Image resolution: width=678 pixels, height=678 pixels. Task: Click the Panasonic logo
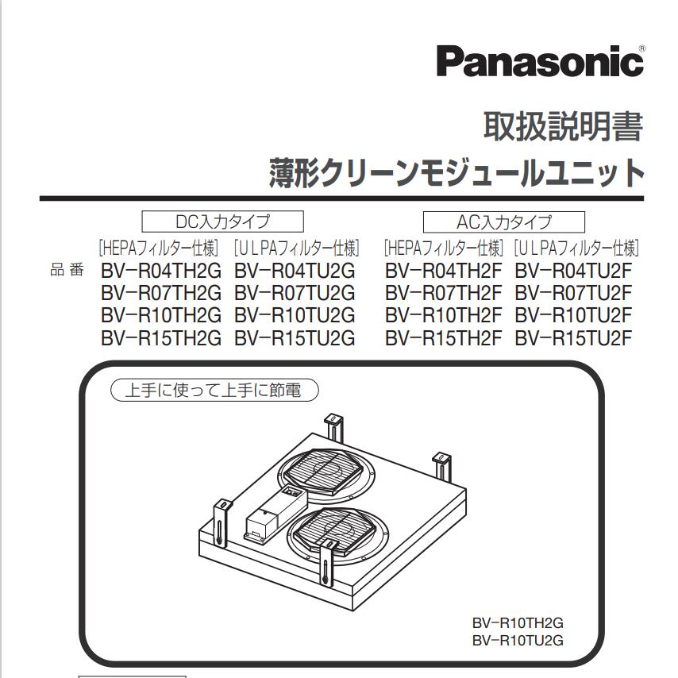click(x=539, y=60)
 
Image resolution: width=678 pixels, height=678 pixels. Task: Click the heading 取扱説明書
click(x=562, y=126)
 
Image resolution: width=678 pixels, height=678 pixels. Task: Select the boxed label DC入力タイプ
click(x=222, y=221)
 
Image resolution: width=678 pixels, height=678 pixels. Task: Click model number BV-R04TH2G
click(x=161, y=271)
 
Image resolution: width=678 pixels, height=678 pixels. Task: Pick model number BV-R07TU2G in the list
click(x=295, y=293)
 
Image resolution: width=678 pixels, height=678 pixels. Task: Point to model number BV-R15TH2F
click(x=443, y=337)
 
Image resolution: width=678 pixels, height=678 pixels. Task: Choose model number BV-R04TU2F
click(x=573, y=271)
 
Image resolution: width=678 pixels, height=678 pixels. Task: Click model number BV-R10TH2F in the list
click(x=443, y=315)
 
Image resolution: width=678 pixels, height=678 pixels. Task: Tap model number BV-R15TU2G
click(x=295, y=337)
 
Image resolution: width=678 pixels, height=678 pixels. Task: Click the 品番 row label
click(x=67, y=271)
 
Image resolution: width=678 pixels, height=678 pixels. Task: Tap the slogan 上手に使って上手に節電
click(x=214, y=390)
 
